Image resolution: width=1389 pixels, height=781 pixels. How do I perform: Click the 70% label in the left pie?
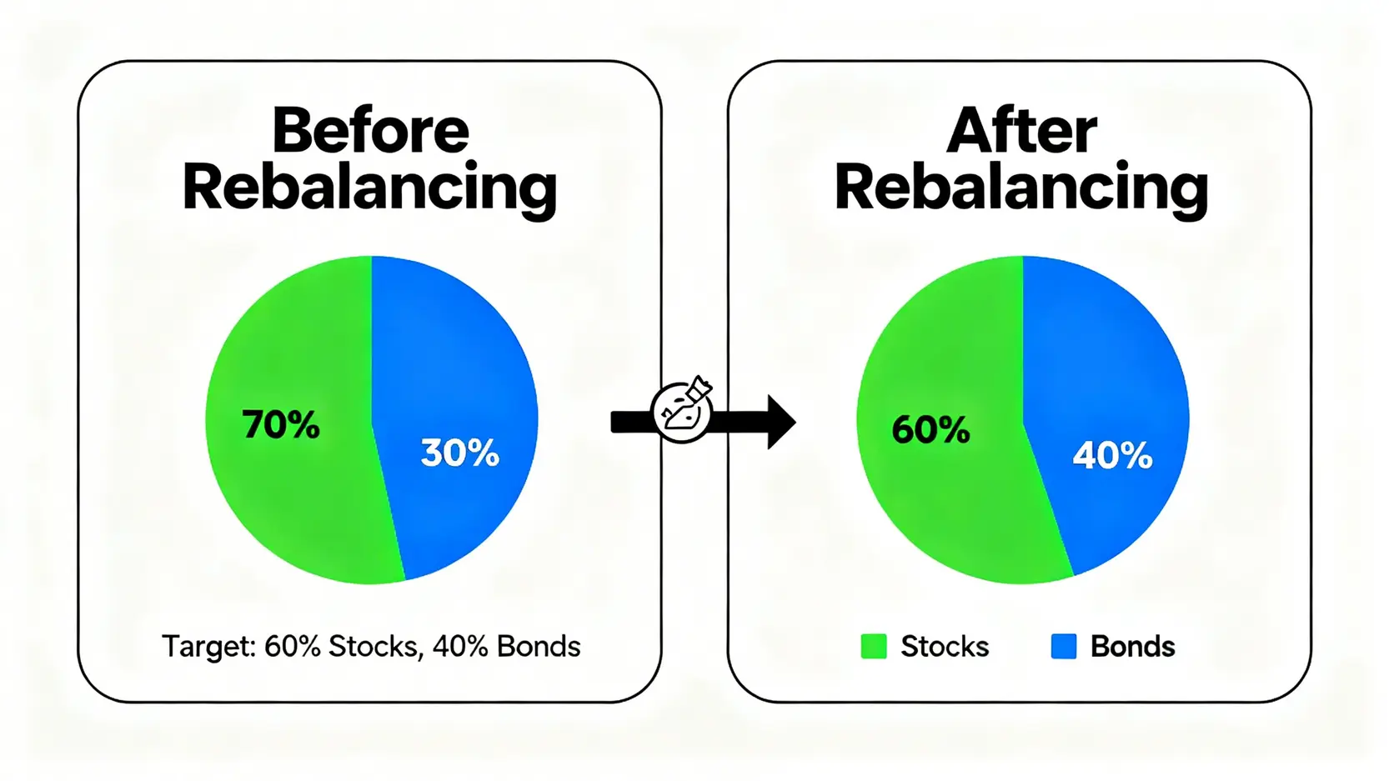[x=281, y=424]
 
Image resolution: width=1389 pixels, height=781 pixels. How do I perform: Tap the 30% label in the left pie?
[x=460, y=453]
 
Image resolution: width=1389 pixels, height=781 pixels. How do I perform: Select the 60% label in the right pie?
[x=930, y=429]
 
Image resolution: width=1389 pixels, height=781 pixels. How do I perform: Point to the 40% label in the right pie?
[x=1112, y=456]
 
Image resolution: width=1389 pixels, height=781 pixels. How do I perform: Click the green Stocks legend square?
[x=874, y=646]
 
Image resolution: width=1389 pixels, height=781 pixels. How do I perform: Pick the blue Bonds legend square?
[x=1064, y=646]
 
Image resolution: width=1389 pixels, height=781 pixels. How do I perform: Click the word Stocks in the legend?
[x=945, y=647]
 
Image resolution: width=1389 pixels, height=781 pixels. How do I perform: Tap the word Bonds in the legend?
[x=1133, y=647]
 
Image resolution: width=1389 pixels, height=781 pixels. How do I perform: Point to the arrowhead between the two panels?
[x=781, y=422]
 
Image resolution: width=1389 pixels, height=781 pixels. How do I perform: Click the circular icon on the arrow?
[x=682, y=410]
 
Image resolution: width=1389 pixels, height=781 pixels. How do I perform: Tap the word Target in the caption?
[x=209, y=647]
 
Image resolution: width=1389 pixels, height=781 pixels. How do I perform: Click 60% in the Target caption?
[x=293, y=647]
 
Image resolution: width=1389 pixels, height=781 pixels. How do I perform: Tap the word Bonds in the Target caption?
[x=539, y=647]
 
